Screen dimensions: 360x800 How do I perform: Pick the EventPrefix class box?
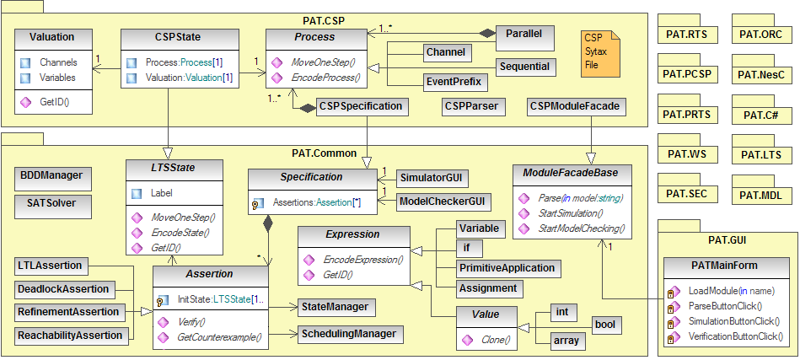[x=453, y=82]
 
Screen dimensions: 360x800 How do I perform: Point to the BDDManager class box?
[x=49, y=175]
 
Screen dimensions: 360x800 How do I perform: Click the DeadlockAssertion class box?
[x=63, y=289]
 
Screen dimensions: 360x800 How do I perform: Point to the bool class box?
[x=604, y=325]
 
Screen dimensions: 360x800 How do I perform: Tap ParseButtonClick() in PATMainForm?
[x=725, y=306]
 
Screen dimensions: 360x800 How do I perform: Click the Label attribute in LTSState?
[x=162, y=192]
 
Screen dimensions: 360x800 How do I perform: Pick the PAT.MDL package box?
[x=763, y=195]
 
